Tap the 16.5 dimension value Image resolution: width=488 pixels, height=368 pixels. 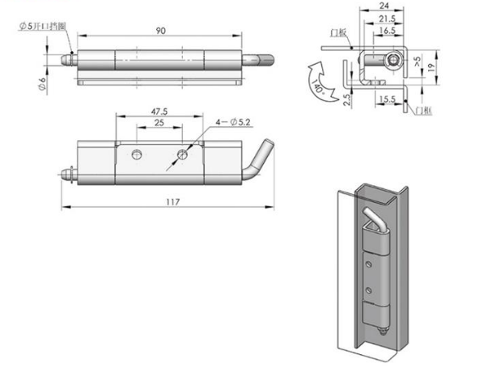pyautogui.click(x=384, y=31)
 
